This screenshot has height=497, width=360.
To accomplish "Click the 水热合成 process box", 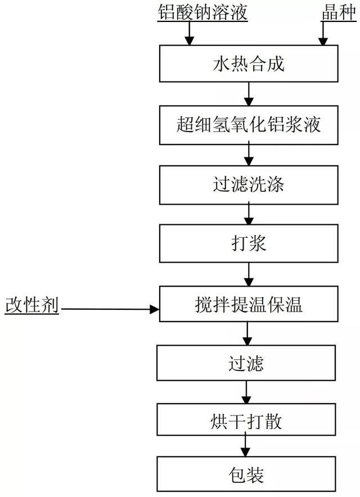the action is (249, 64).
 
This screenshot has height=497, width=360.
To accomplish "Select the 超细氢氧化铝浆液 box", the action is (249, 125).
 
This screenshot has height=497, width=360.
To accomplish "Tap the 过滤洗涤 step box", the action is (249, 185).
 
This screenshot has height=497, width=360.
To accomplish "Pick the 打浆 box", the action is (249, 243).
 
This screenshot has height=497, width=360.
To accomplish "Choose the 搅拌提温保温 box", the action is (249, 304).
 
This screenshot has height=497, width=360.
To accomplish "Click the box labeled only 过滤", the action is (246, 363).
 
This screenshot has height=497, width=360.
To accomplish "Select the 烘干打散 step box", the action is (246, 419).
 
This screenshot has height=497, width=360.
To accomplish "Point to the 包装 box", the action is (246, 474).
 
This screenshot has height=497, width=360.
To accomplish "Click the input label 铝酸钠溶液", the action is (202, 13).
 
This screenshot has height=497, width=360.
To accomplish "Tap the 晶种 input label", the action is (339, 13).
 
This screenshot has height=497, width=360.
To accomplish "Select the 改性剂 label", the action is (32, 305).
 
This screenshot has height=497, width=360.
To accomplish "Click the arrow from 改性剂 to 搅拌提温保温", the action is (110, 309).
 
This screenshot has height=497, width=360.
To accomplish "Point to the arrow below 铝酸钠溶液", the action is (190, 33).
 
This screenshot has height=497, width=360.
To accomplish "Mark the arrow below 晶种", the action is (323, 33).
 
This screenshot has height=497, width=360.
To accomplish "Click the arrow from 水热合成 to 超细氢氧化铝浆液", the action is (249, 94).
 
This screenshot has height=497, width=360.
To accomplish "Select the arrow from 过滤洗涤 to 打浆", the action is (249, 214).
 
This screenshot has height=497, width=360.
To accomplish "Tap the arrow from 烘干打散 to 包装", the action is (245, 446).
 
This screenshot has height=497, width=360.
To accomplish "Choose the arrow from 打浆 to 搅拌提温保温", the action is (249, 274).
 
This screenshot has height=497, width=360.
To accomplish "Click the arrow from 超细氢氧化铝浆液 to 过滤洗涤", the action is (249, 155).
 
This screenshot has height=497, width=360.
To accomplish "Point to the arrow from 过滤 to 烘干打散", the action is (246, 392).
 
